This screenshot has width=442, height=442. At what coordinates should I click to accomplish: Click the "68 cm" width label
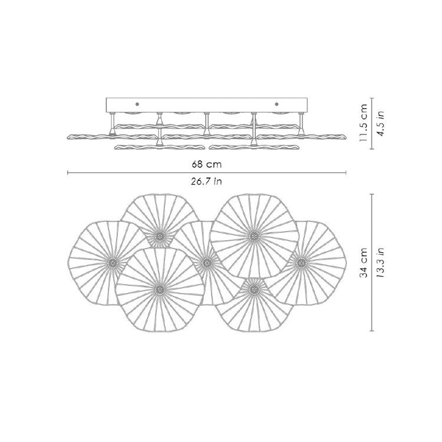click(206, 164)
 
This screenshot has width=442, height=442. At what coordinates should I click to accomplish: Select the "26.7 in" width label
click(206, 181)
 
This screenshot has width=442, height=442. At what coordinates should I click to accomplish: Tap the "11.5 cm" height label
click(364, 123)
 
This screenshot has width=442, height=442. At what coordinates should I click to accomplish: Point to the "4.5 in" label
click(381, 123)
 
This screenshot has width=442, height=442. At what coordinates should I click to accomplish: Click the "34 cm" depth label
click(364, 263)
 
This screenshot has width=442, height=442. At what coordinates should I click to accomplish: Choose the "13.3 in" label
click(381, 263)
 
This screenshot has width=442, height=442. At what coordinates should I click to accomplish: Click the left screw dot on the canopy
click(137, 104)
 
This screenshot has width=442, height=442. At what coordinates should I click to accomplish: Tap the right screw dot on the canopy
click(276, 104)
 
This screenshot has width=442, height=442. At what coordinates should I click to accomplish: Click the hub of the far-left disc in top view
click(113, 263)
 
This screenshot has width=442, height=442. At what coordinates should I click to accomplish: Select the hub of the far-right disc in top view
click(301, 263)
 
